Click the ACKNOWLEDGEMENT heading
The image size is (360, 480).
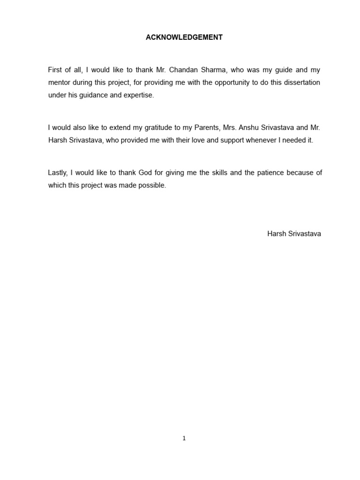point(184,37)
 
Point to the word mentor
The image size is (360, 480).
point(60,82)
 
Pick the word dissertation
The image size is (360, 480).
point(301,82)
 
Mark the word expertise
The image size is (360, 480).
point(138,95)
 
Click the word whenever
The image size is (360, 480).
point(255,140)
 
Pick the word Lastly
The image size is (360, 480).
point(57,172)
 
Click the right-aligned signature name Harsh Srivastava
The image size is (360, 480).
point(294,233)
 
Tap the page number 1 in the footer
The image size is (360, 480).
point(184,438)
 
